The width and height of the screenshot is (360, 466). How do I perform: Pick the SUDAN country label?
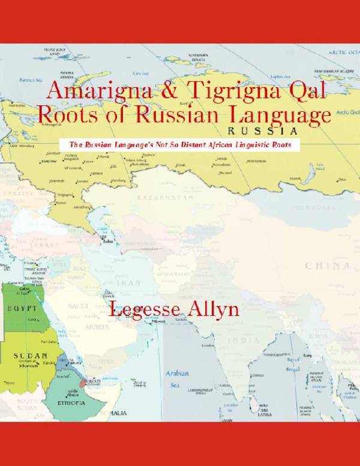pyautogui.click(x=31, y=356)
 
